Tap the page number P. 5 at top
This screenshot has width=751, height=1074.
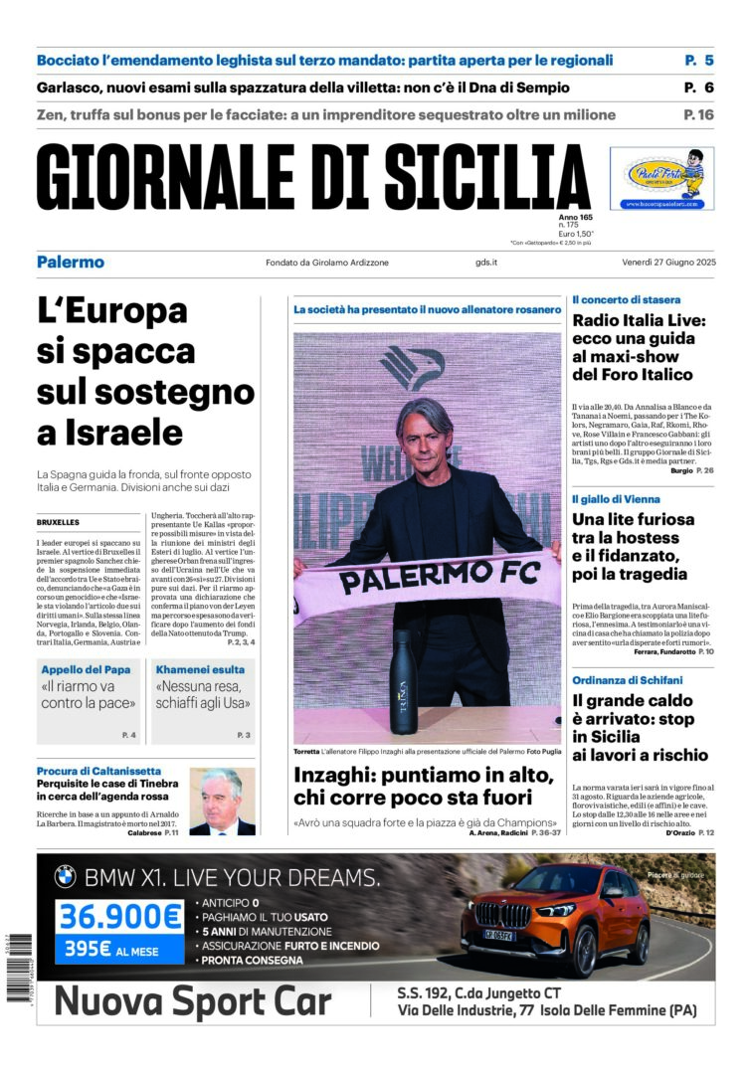699,60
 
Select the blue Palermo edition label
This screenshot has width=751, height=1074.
71,263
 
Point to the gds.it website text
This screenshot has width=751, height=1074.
486,263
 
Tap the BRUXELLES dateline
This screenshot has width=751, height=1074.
58,522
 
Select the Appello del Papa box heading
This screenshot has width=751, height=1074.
86,669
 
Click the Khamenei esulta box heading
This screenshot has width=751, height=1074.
194,669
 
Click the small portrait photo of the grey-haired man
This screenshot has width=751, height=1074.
222,801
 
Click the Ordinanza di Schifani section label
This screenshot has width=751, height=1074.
628,680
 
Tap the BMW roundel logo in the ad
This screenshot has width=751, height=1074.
65,877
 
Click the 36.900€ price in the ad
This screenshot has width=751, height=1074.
119,916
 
